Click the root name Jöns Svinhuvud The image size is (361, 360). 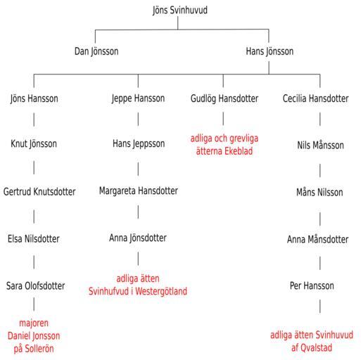[x=180, y=11]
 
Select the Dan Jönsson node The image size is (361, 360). [x=96, y=51]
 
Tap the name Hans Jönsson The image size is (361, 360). [x=270, y=51]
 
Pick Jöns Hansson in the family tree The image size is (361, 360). [x=34, y=98]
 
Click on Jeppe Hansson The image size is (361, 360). [x=138, y=98]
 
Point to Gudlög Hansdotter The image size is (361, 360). [x=224, y=98]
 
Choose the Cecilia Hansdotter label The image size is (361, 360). [x=315, y=98]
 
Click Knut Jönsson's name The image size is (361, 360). [x=34, y=144]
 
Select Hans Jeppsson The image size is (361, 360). [x=139, y=144]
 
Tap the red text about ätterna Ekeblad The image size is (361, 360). [x=224, y=145]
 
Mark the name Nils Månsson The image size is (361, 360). [x=320, y=146]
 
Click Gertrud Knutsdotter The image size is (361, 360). [x=39, y=192]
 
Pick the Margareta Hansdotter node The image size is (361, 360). [x=139, y=191]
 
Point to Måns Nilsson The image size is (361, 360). [x=319, y=193]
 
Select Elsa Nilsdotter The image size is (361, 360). [x=34, y=239]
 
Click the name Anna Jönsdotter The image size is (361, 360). [x=138, y=238]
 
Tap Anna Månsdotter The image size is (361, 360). [x=317, y=240]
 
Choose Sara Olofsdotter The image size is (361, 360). [x=35, y=286]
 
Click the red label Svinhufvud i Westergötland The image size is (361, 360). [x=138, y=291]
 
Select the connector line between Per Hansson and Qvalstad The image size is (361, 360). [x=320, y=306]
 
